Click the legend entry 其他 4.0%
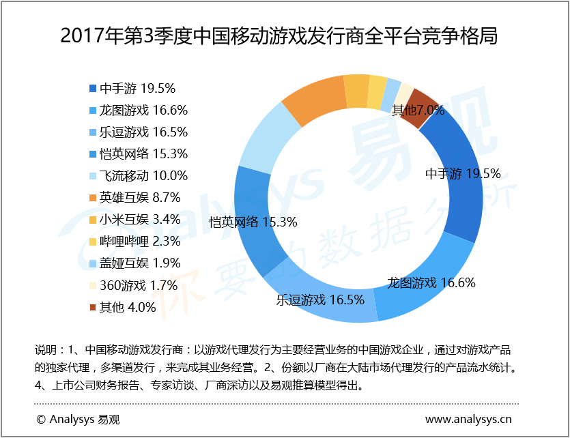click(128, 306)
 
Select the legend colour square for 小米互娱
click(93, 219)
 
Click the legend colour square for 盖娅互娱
click(93, 263)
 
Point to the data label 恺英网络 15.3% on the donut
click(253, 222)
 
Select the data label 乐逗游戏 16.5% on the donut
click(320, 299)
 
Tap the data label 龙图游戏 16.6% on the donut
click(431, 282)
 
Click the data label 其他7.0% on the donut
click(418, 110)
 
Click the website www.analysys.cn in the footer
click(468, 419)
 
